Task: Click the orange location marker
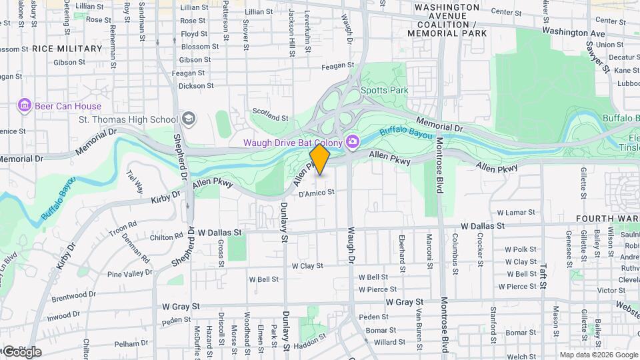tap(320, 159)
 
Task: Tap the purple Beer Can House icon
tap(25, 105)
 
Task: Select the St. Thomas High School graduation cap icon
tap(189, 119)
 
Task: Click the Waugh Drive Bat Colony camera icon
tap(352, 141)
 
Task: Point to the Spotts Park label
tap(384, 90)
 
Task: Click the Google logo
tap(21, 351)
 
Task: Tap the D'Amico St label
tap(316, 193)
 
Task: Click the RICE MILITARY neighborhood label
tap(67, 48)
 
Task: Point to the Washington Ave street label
tap(573, 32)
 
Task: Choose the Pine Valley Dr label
tap(129, 273)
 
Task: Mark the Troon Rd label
tap(123, 231)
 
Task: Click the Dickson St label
tap(196, 85)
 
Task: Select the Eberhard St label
tap(402, 247)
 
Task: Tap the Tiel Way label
tap(134, 181)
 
